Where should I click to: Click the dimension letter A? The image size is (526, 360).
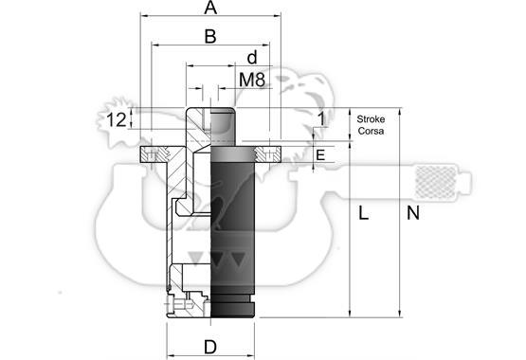[210, 8]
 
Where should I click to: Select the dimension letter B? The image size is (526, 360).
[210, 36]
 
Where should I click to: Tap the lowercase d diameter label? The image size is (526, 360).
[252, 58]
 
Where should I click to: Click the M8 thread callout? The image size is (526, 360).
[252, 80]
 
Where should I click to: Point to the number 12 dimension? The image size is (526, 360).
[116, 119]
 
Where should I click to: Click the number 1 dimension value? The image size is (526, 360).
[321, 119]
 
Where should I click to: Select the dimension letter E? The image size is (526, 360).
[320, 155]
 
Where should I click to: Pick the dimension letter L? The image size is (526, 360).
[364, 213]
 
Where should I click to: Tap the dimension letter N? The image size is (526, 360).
[413, 213]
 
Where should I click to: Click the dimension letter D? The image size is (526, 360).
[210, 347]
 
